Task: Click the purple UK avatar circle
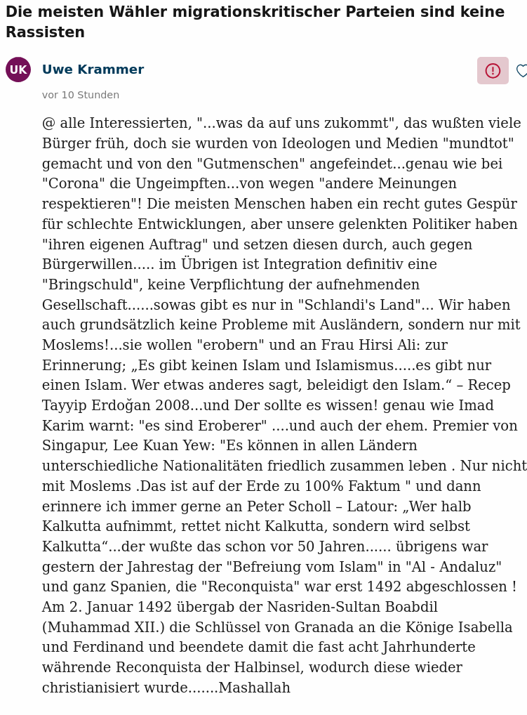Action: [x=18, y=70]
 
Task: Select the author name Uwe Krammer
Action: [x=93, y=70]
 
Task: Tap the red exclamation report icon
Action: [x=493, y=71]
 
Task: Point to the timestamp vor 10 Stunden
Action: [x=81, y=96]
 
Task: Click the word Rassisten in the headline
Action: [x=45, y=33]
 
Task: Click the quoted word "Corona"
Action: [x=71, y=184]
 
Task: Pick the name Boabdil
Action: [x=410, y=608]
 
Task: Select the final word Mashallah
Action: [x=254, y=688]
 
